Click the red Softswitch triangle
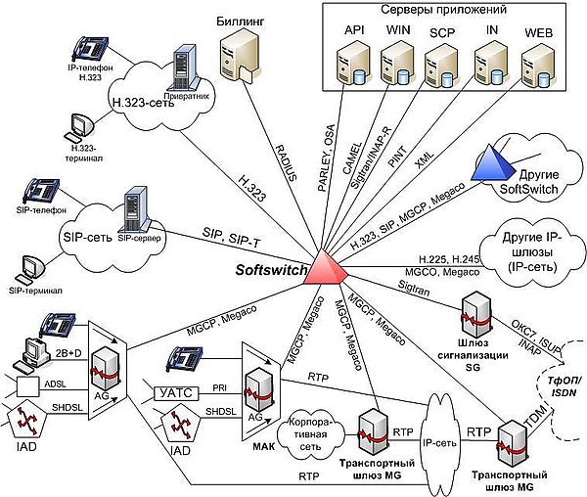click(322, 271)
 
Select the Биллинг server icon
click(238, 59)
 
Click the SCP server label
click(442, 32)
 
